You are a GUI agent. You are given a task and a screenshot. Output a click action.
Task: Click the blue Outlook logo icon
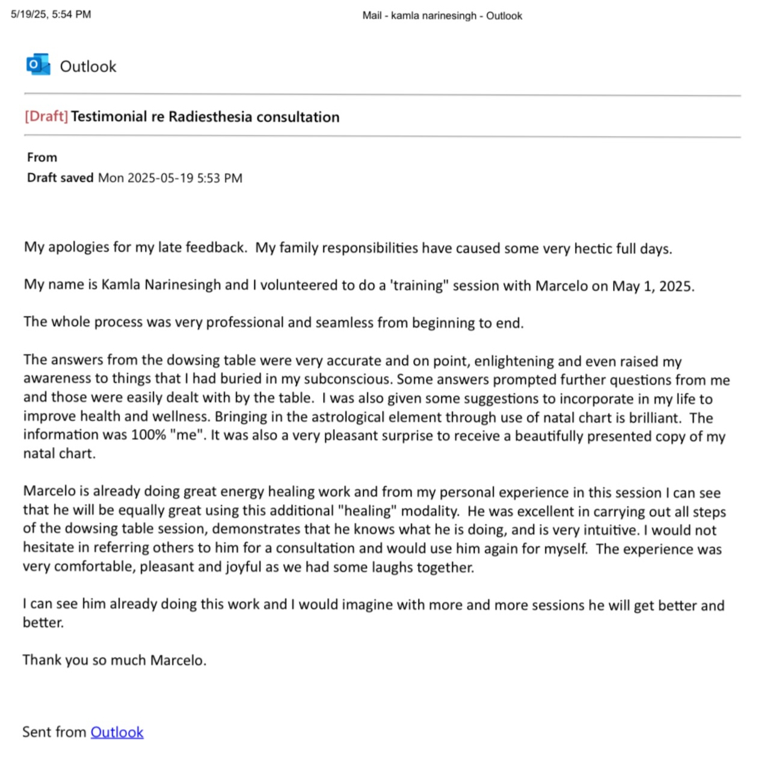point(38,65)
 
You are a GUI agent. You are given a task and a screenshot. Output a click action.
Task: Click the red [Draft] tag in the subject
point(46,116)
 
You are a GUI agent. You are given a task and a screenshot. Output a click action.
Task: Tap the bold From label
point(42,158)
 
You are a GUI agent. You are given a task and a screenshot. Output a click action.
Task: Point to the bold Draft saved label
point(60,178)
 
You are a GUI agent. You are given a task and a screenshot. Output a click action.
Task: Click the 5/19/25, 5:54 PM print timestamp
point(51,14)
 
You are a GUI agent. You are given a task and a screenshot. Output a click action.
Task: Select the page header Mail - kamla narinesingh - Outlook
point(442,16)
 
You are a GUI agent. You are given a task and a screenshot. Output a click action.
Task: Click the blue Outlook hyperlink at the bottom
point(117,732)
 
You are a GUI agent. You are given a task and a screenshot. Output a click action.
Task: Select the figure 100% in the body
point(148,435)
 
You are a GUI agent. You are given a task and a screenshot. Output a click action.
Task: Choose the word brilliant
point(654,418)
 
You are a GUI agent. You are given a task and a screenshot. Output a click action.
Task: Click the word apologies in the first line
point(78,247)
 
